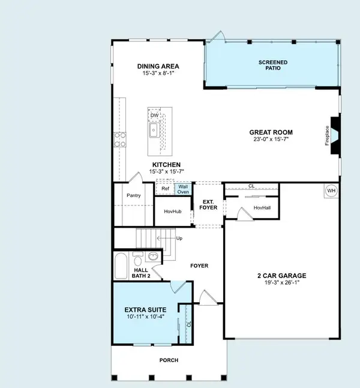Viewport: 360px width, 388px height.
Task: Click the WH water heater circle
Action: [331, 191]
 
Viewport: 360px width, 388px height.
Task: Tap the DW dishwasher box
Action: [155, 115]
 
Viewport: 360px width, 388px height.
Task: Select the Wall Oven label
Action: [183, 189]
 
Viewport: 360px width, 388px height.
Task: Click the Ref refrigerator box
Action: [165, 189]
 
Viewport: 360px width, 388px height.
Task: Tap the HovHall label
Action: [262, 208]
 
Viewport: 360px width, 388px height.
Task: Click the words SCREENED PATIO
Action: [273, 65]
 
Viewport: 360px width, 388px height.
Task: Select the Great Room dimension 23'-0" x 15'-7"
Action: [271, 140]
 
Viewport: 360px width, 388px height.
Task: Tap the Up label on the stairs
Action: [178, 238]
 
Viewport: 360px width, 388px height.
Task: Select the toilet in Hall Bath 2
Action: [137, 260]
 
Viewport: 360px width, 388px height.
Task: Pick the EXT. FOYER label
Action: [208, 204]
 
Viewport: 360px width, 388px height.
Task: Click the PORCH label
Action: [169, 360]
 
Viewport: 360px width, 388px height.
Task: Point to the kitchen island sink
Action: [154, 130]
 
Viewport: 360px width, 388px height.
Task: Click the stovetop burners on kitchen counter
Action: [119, 139]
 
